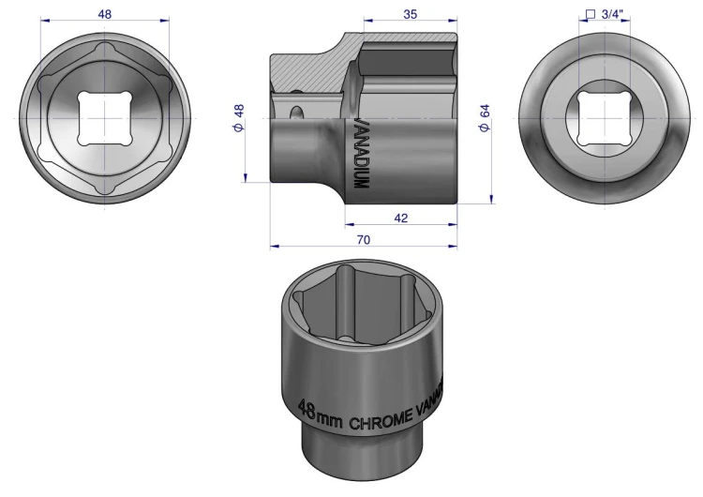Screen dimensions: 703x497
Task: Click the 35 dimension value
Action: pos(410,14)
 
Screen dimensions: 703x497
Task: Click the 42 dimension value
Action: pos(401,218)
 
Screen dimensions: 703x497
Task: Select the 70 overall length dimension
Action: pos(364,240)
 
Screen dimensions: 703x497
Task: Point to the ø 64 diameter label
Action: pos(485,118)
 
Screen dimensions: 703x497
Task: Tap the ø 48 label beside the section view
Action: pos(238,118)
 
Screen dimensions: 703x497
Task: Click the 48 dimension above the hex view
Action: pos(104,14)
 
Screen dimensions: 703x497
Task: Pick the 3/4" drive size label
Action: pos(612,14)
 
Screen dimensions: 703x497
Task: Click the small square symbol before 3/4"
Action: pos(591,15)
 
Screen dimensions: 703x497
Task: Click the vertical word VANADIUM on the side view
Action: pos(362,154)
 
